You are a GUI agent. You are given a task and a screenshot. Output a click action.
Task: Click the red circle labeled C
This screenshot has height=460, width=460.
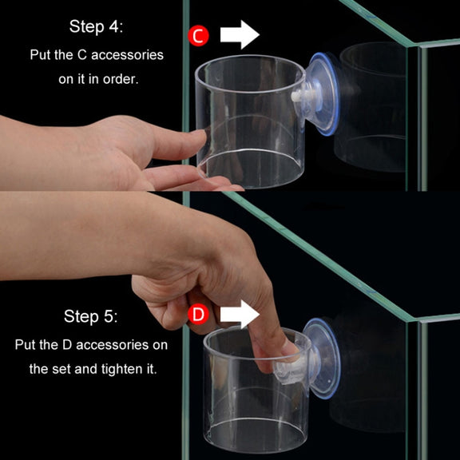[199, 35]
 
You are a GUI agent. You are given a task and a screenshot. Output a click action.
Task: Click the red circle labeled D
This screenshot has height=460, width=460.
[199, 314]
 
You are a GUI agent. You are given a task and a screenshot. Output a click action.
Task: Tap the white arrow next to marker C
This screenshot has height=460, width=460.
[240, 34]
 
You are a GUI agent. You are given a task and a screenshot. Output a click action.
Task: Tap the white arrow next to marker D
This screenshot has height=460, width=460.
[240, 314]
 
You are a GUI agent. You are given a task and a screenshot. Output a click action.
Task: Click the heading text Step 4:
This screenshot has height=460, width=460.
[96, 26]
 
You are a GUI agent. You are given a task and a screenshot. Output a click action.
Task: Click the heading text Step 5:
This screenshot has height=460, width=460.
[91, 316]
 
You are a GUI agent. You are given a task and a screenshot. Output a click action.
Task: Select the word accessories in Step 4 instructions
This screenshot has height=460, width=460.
[127, 55]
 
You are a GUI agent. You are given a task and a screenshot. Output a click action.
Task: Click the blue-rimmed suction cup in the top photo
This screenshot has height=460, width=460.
[323, 94]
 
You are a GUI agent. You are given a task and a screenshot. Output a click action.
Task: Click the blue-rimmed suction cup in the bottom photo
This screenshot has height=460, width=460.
[322, 359]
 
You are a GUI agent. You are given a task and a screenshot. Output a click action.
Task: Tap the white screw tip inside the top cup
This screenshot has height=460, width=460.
[297, 96]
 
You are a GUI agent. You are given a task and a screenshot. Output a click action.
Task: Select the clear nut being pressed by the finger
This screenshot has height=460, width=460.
[290, 371]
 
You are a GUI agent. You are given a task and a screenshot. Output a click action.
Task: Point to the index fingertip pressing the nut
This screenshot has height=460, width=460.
[289, 349]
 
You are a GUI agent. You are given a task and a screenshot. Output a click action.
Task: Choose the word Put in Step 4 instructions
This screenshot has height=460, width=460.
[41, 55]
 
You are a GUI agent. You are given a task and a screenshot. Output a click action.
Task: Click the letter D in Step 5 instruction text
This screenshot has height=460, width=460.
[67, 345]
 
